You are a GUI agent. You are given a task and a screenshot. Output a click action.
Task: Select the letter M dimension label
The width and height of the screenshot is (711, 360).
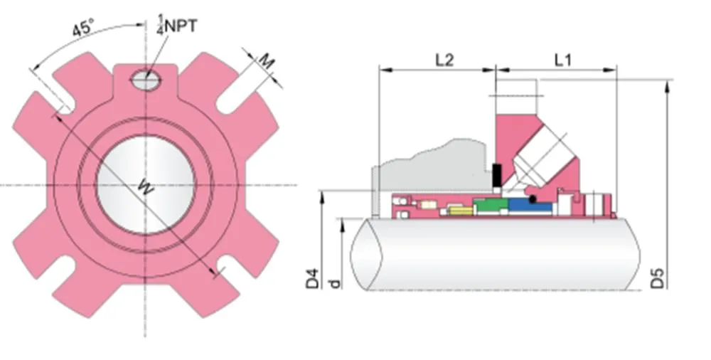pyautogui.click(x=265, y=62)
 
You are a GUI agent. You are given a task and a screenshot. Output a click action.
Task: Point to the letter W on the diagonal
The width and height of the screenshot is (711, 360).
pyautogui.click(x=145, y=188)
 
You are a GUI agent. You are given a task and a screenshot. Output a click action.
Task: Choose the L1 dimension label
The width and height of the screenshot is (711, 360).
pyautogui.click(x=562, y=60)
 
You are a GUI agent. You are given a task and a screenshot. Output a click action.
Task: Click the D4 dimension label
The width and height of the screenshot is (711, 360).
pyautogui.click(x=313, y=278)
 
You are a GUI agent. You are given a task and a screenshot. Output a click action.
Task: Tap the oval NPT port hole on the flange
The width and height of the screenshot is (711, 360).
pyautogui.click(x=146, y=81)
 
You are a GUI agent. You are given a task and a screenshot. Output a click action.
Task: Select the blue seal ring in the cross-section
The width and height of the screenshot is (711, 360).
pyautogui.click(x=530, y=207)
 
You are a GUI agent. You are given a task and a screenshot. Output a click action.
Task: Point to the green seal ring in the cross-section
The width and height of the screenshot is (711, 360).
pyautogui.click(x=490, y=206)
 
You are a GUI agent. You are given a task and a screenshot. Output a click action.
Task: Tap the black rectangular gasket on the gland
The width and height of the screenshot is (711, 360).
pyautogui.click(x=496, y=173)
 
